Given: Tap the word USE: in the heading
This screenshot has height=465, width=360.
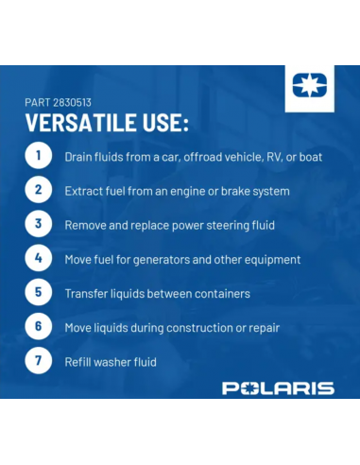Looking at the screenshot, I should click(x=163, y=124).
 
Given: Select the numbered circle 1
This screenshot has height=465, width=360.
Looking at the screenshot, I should click(x=39, y=156).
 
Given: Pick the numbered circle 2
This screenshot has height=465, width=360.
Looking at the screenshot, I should click(x=39, y=190).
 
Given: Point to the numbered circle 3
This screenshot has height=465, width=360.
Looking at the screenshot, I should click(x=39, y=224).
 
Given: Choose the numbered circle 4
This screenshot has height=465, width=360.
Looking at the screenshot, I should click(x=39, y=258).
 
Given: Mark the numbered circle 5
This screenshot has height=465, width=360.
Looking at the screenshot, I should click(x=39, y=292).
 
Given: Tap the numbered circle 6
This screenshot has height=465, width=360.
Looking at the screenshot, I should click(x=39, y=327).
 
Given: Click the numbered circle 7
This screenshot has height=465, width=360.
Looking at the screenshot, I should click(x=39, y=361).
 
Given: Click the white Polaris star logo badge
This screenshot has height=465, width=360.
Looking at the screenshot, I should click(x=309, y=88).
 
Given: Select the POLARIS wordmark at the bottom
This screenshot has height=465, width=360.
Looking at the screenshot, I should click(x=278, y=387).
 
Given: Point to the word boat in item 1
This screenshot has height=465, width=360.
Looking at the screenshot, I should click(x=309, y=157).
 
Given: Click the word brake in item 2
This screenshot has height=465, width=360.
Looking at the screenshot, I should click(x=233, y=191).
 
